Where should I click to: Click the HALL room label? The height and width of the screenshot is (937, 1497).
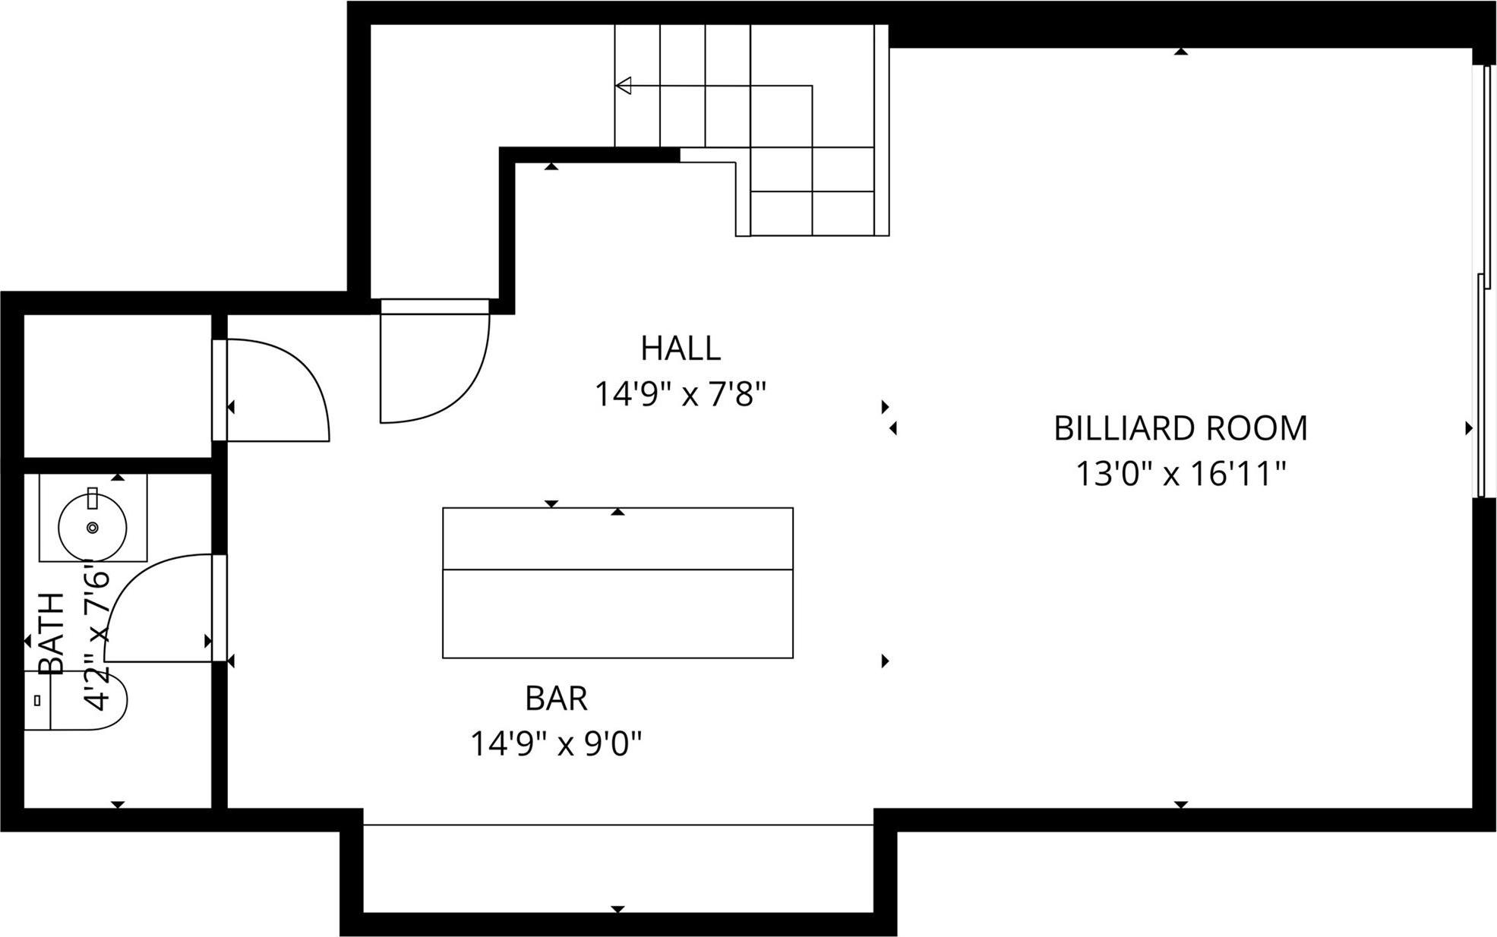click(x=680, y=349)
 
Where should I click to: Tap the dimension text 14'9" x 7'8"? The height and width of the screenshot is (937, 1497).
click(x=680, y=395)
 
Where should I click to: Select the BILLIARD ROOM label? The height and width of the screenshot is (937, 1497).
click(x=1180, y=428)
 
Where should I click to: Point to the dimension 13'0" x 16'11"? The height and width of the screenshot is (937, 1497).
click(x=1180, y=475)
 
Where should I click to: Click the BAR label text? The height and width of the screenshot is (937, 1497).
click(x=556, y=699)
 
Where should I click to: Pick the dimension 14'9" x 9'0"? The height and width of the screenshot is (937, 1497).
click(x=556, y=744)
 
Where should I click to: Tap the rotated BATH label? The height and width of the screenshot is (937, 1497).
click(x=52, y=634)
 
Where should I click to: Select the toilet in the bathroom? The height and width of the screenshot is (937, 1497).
click(x=84, y=700)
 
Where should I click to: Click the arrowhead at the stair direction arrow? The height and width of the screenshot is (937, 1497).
click(x=624, y=86)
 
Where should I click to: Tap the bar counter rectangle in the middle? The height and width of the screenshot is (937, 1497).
click(x=617, y=582)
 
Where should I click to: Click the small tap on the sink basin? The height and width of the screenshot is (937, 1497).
click(x=93, y=499)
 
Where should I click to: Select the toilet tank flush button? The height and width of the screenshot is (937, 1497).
click(x=36, y=701)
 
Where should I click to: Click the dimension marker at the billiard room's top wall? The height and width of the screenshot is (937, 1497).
click(x=1180, y=52)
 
